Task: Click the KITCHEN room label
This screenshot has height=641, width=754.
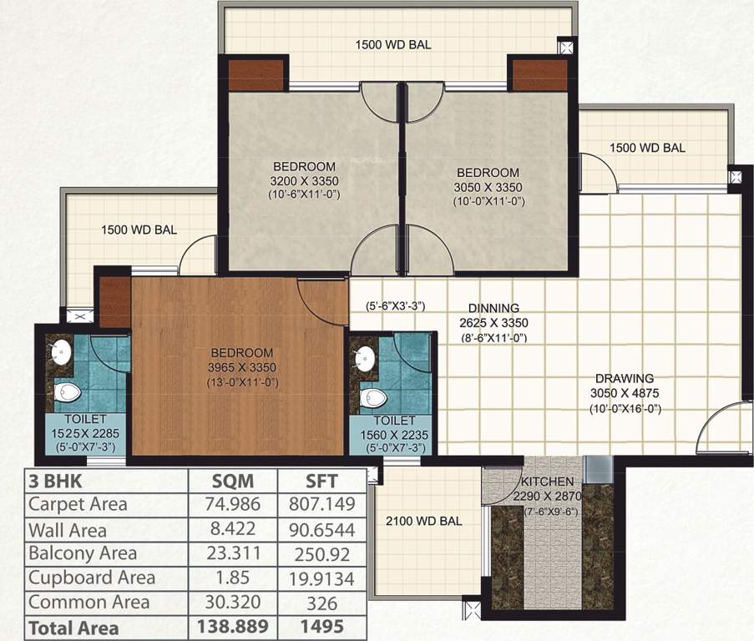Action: tap(548, 482)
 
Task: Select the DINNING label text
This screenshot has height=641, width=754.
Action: tap(493, 308)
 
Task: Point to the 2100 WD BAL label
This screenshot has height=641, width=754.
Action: tap(423, 522)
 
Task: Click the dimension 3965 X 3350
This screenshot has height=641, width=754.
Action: tap(242, 367)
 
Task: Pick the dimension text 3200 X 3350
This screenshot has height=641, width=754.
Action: tap(304, 180)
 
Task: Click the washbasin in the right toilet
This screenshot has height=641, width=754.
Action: tap(365, 360)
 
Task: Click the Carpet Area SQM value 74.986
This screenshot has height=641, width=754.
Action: tap(231, 504)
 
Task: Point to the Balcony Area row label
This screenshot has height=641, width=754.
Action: tap(82, 553)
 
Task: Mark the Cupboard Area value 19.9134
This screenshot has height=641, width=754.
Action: tap(321, 578)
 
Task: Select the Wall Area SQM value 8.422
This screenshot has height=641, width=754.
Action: tap(231, 529)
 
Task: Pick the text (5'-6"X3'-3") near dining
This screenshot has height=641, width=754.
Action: tap(396, 305)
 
